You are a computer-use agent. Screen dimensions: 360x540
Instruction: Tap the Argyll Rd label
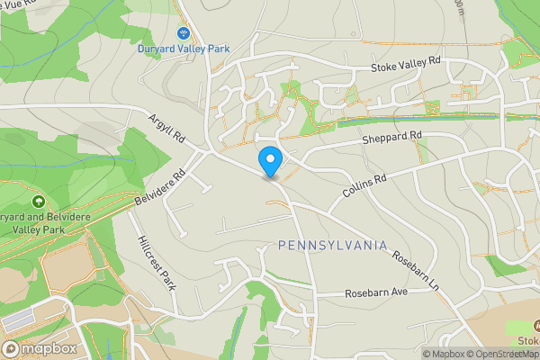(166, 128)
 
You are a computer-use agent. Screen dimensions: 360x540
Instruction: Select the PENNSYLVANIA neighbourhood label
(332, 246)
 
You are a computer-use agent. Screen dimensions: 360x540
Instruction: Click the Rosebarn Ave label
(377, 294)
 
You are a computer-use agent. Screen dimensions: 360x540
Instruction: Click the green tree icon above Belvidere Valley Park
(38, 200)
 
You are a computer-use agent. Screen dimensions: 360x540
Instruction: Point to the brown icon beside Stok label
(536, 326)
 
